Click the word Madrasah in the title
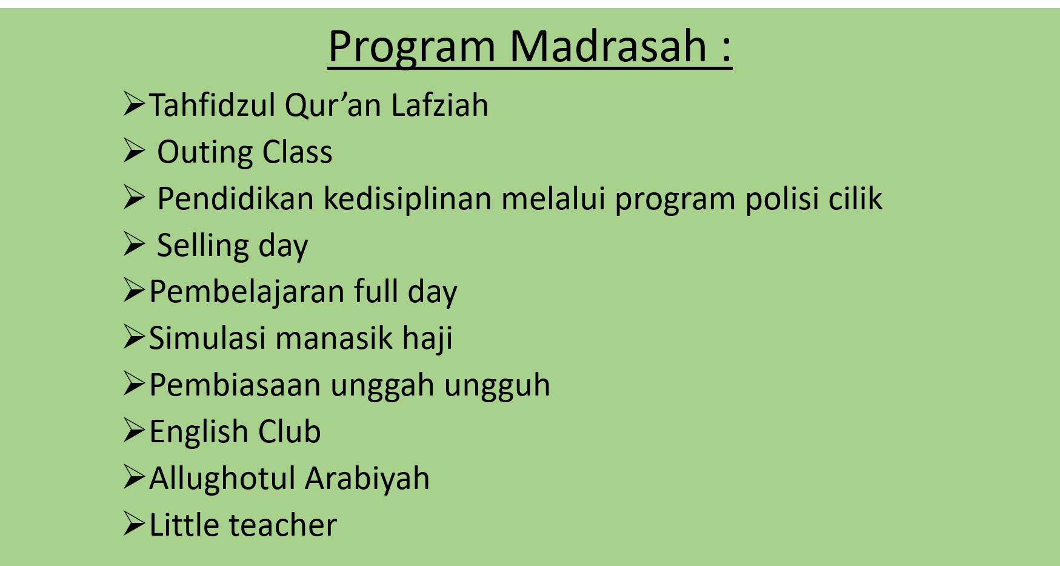[x=608, y=45]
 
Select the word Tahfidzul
[x=212, y=105]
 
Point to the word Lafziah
[x=439, y=105]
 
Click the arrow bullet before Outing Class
[x=134, y=151]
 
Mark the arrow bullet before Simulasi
[x=134, y=337]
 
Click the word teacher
[x=282, y=525]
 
